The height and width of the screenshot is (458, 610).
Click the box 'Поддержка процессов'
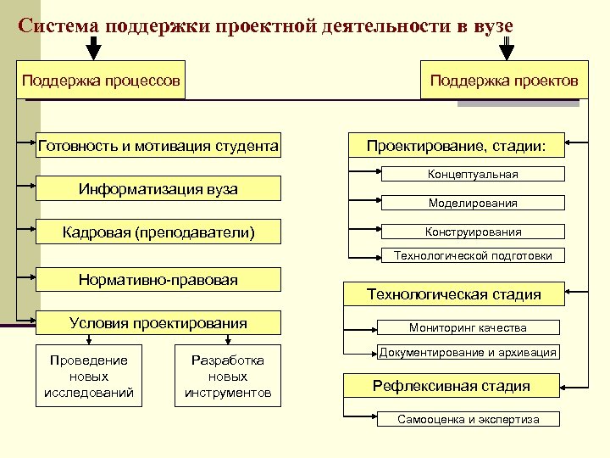click(x=101, y=81)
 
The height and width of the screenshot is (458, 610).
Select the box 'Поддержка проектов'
click(x=504, y=81)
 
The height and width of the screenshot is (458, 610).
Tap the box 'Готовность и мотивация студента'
click(x=158, y=145)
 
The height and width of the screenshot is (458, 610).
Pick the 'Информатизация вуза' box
click(x=158, y=188)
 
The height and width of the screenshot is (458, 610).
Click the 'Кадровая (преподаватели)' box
click(x=158, y=232)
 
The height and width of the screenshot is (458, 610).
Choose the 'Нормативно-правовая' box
click(x=158, y=279)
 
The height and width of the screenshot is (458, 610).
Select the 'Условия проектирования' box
click(x=158, y=322)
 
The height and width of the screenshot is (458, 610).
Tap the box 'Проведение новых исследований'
click(x=89, y=377)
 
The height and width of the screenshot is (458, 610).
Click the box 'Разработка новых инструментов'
click(x=228, y=377)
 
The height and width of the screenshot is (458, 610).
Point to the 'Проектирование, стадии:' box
click(x=457, y=146)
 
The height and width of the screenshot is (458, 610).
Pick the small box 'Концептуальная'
click(x=473, y=174)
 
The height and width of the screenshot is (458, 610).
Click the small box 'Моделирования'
click(x=473, y=203)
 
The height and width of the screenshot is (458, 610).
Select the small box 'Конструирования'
click(x=473, y=231)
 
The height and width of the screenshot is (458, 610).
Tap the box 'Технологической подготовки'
click(x=479, y=255)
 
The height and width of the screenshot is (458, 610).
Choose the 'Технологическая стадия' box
click(x=453, y=294)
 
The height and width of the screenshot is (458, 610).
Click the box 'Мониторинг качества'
click(x=468, y=327)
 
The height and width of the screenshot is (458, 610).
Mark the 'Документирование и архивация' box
click(x=468, y=352)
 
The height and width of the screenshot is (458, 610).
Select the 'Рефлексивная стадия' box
click(x=452, y=386)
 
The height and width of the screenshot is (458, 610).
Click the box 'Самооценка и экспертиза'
click(x=469, y=419)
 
